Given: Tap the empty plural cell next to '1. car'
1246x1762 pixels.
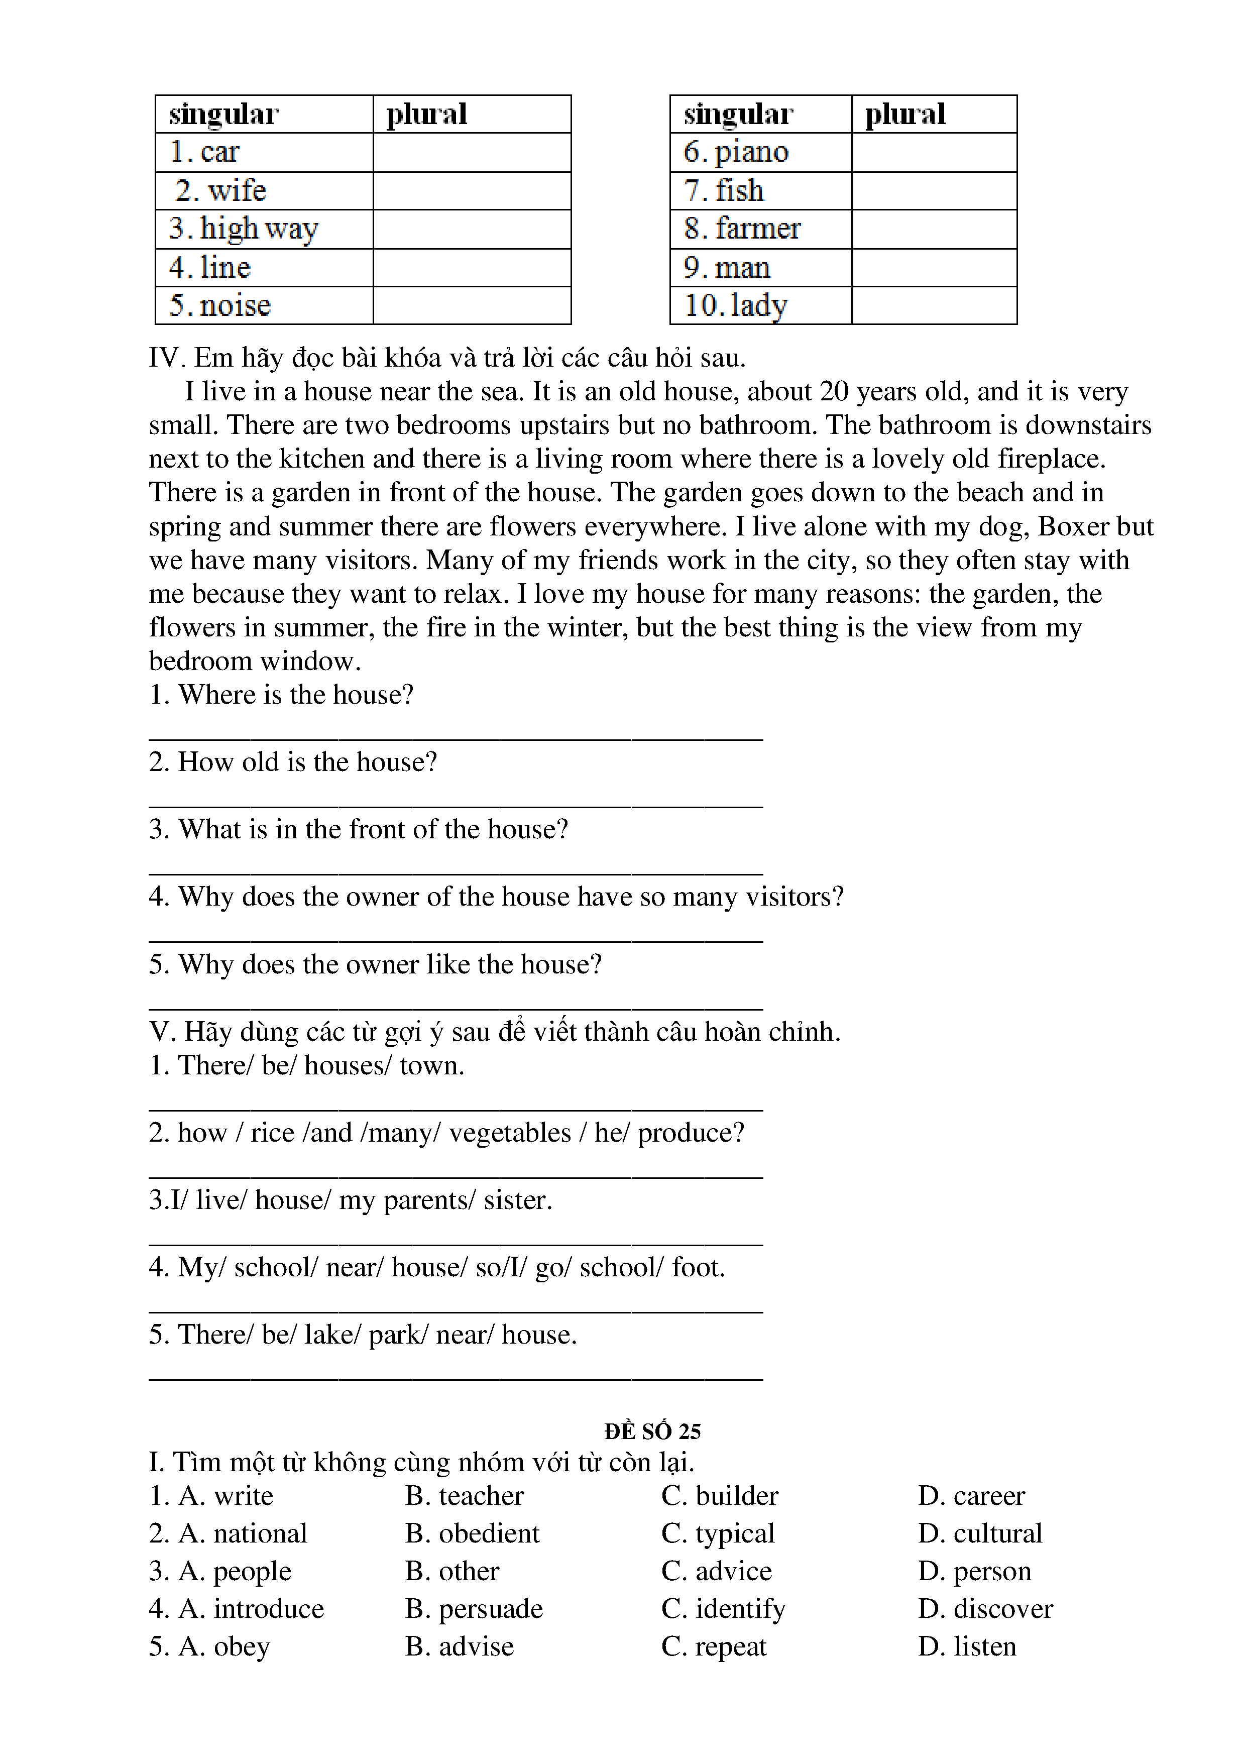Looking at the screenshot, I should coord(472,152).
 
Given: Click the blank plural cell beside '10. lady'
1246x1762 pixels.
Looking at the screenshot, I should coord(934,305).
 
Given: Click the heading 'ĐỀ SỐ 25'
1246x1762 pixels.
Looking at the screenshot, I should coord(652,1430).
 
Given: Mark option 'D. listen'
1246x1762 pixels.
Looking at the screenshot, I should coord(967,1645).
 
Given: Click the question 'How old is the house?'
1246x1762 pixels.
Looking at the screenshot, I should coord(293,761).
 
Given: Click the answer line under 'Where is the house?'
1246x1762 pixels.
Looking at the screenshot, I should coord(456,737).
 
